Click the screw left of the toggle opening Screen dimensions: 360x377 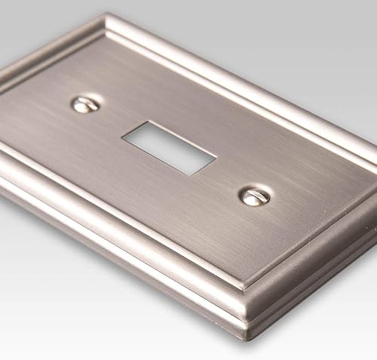(85, 104)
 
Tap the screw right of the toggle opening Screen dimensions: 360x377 (255, 196)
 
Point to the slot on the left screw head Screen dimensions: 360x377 (86, 103)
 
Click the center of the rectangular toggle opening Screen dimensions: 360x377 (169, 147)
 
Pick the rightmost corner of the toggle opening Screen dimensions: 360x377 (217, 158)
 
